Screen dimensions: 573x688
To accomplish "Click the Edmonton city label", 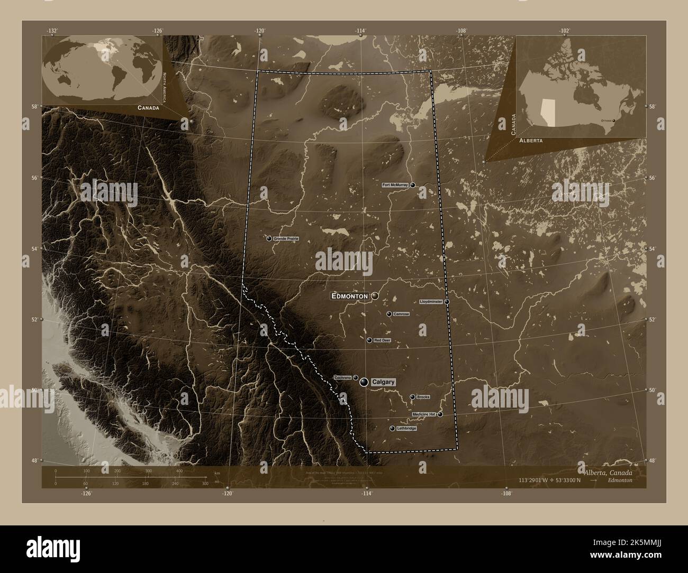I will pyautogui.click(x=349, y=297).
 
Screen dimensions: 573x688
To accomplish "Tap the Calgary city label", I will pyautogui.click(x=383, y=382).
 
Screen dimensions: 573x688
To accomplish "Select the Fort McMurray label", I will pyautogui.click(x=395, y=186).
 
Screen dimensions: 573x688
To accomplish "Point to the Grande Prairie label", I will pyautogui.click(x=286, y=239).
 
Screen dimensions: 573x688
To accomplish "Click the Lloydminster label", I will pyautogui.click(x=431, y=301).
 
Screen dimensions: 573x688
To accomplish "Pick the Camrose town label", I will pyautogui.click(x=401, y=314).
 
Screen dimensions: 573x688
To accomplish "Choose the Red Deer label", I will pyautogui.click(x=382, y=340).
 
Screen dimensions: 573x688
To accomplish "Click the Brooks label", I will pyautogui.click(x=423, y=397).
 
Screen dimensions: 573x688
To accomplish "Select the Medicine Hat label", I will pyautogui.click(x=424, y=414).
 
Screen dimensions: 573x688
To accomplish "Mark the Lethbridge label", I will pyautogui.click(x=406, y=428).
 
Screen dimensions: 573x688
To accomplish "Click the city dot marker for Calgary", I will pyautogui.click(x=364, y=382).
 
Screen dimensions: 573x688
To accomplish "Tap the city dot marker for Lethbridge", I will pyautogui.click(x=392, y=428).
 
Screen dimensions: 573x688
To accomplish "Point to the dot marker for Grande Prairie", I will pyautogui.click(x=269, y=239).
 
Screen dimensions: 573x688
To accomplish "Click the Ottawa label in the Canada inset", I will pyautogui.click(x=606, y=121).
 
